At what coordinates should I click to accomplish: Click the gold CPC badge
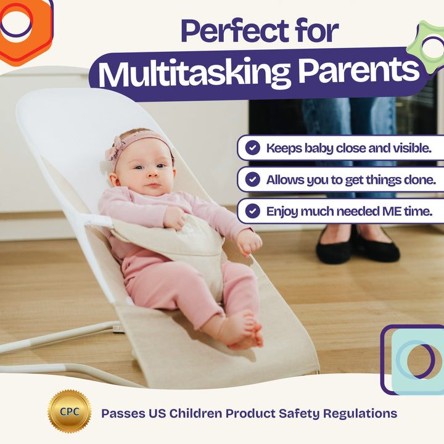pos(69,412)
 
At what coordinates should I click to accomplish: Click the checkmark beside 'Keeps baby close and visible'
pos(252,147)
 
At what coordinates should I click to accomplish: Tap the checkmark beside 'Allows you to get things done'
pos(252,179)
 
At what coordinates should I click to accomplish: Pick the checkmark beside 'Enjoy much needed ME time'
pos(252,211)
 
